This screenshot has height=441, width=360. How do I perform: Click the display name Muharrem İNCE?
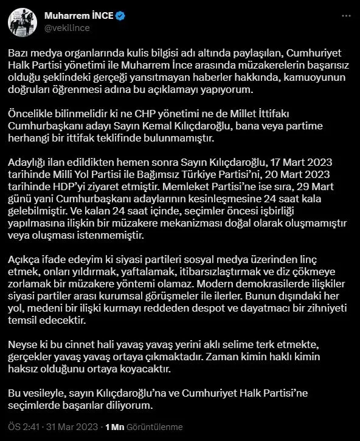78,16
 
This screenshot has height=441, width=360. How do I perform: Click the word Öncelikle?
32,114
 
